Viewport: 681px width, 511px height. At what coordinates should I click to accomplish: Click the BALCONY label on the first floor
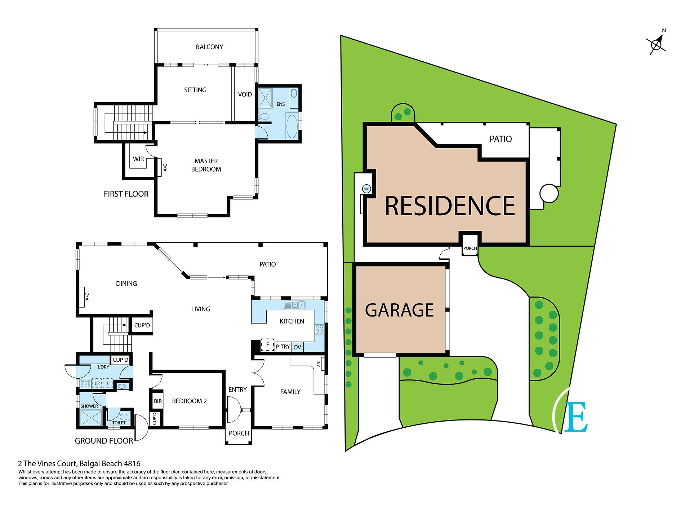[209, 47]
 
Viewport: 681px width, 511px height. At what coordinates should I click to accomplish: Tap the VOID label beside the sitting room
[245, 94]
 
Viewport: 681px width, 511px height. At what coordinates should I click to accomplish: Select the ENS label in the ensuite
[281, 104]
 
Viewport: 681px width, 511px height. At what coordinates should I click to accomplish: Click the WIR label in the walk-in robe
[138, 159]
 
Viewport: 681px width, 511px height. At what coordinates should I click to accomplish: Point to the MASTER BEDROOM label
[206, 165]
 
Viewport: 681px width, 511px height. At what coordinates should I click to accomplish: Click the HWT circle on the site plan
[367, 189]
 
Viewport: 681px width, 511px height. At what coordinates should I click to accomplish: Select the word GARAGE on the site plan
[399, 310]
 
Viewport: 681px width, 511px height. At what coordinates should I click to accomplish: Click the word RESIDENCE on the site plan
[450, 206]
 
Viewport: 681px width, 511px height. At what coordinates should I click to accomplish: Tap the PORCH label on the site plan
[470, 248]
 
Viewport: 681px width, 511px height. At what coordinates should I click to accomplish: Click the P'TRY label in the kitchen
[283, 347]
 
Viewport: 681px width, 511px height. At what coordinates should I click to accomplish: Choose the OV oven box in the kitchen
[297, 347]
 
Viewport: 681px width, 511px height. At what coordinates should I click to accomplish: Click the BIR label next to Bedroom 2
[158, 401]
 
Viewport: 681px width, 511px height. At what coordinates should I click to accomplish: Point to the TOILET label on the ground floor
[119, 423]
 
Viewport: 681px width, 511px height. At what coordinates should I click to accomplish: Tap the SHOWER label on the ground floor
[89, 406]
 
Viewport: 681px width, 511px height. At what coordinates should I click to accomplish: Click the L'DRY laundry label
[103, 367]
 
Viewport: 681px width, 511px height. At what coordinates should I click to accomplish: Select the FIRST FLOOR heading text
[126, 194]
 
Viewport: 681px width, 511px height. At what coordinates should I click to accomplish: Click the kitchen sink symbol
[295, 305]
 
